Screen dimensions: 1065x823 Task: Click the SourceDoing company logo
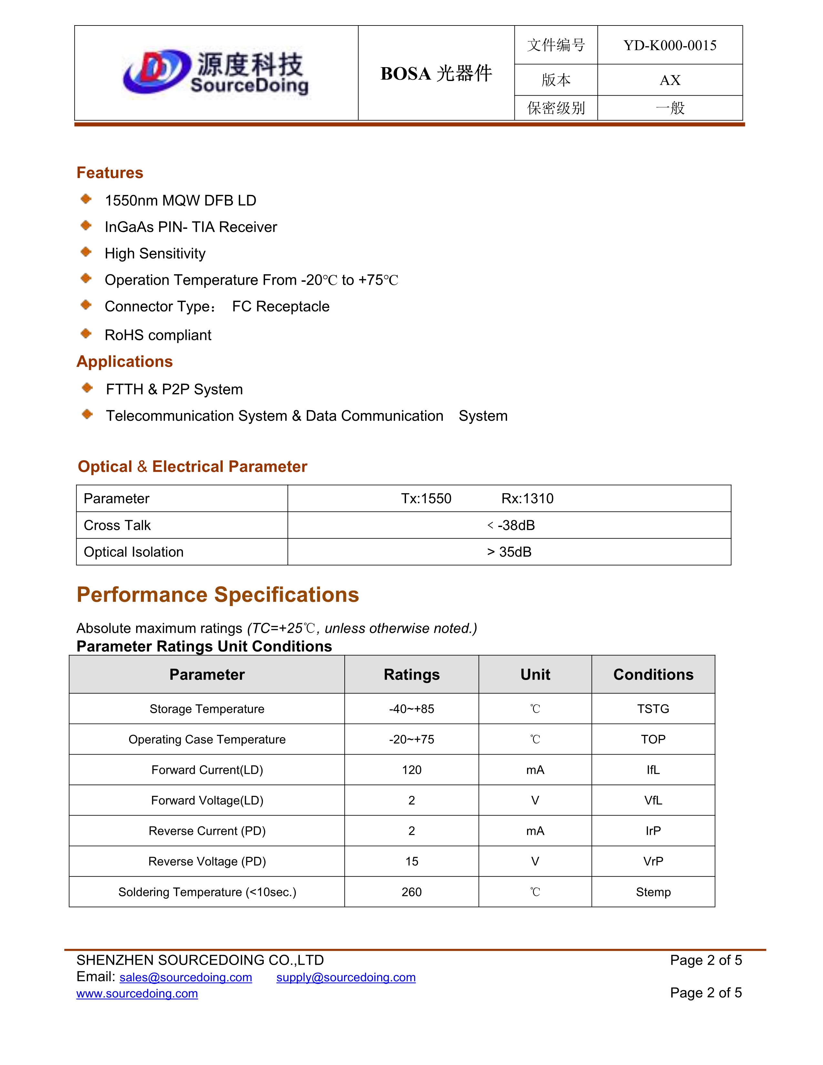[x=216, y=73]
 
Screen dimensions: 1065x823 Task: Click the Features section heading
[x=110, y=173]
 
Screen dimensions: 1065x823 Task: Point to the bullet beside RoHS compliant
[x=86, y=334]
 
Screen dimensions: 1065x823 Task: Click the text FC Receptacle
[x=280, y=306]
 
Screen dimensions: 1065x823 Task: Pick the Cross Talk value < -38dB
[x=511, y=525]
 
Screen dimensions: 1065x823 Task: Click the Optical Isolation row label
[x=134, y=552]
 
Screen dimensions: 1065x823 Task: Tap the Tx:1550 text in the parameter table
[x=426, y=498]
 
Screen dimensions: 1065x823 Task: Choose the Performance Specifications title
[x=218, y=594]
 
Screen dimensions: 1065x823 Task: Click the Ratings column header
[x=411, y=674]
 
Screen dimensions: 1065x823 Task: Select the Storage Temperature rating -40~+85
[x=411, y=709]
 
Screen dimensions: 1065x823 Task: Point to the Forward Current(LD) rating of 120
[x=411, y=770]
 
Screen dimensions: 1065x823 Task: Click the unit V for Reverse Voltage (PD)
[x=535, y=862]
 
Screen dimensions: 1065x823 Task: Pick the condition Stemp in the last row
[x=653, y=892]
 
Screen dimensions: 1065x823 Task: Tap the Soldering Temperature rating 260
[x=411, y=892]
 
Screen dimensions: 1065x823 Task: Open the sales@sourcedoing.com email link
[x=186, y=977]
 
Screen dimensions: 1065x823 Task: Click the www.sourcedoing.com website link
[x=137, y=993]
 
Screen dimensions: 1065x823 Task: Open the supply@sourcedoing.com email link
[x=346, y=977]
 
